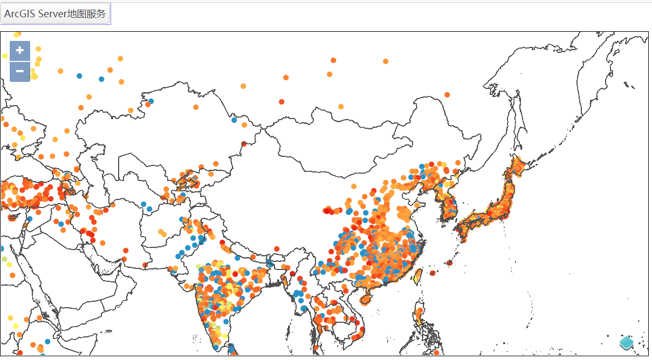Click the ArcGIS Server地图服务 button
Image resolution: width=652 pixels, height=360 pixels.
point(55,14)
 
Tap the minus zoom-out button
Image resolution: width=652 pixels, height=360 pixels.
point(20,71)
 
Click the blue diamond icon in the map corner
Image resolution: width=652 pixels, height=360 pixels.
point(626,342)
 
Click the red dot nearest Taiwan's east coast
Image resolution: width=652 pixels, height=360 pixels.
point(433,273)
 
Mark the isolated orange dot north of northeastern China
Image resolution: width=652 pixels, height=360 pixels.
point(447,95)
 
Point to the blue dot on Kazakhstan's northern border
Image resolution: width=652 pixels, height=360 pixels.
point(151,101)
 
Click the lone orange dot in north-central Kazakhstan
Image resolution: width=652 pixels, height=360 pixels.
point(196,107)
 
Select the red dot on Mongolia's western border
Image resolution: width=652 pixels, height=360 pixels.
point(244,144)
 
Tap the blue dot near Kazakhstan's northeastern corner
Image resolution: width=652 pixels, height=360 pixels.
point(234,120)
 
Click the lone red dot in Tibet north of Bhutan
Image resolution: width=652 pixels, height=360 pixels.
point(277,248)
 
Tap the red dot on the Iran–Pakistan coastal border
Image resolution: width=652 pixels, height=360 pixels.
point(125,251)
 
